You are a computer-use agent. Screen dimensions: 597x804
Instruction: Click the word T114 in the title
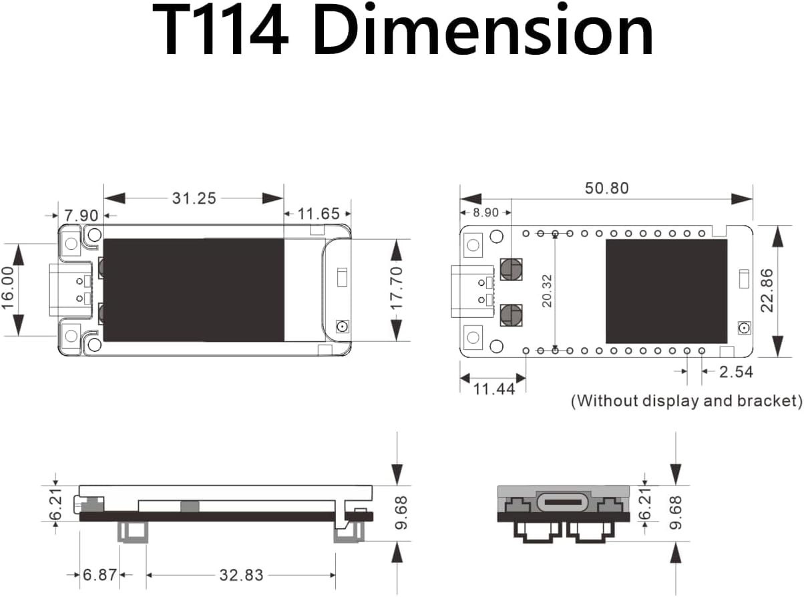click(220, 31)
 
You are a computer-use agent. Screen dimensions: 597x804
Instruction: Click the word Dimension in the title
click(482, 31)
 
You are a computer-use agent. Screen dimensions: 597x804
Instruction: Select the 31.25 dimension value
click(194, 198)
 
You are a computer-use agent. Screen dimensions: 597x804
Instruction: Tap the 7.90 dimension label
click(81, 215)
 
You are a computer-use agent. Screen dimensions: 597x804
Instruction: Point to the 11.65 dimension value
click(319, 214)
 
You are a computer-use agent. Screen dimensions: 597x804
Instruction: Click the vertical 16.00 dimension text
click(9, 288)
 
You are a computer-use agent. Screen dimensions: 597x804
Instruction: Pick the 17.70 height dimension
click(397, 288)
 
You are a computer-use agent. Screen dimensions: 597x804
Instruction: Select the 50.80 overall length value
click(606, 188)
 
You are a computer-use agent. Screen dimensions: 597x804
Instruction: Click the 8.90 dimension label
click(485, 212)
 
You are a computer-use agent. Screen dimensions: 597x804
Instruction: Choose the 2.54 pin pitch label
click(735, 371)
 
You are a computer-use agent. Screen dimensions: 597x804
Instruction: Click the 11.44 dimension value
click(493, 389)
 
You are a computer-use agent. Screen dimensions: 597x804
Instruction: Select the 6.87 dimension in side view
click(99, 575)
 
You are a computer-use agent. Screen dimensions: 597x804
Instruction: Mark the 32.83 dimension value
click(241, 575)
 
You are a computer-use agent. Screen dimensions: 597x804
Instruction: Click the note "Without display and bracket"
click(686, 401)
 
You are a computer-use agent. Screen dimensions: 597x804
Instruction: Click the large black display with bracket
click(194, 289)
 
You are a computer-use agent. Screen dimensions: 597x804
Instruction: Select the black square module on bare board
click(666, 291)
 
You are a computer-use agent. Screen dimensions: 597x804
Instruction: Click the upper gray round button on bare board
click(512, 268)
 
